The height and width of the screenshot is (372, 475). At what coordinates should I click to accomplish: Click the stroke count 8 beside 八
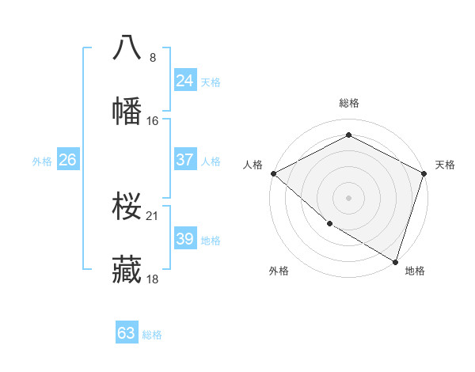point(153,57)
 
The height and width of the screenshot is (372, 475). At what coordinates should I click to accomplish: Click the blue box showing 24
point(184,80)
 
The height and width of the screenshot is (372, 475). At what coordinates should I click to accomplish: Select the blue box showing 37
point(184,160)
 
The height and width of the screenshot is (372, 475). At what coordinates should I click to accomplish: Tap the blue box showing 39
point(184,239)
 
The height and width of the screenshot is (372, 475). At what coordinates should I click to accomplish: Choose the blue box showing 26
point(67,160)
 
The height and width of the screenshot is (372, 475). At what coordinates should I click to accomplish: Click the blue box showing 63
point(127,333)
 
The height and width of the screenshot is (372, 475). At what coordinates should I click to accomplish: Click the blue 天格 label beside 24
point(211,82)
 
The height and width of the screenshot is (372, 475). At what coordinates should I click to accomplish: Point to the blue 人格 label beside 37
point(211,161)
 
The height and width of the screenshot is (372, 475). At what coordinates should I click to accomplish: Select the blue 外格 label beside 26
point(42,161)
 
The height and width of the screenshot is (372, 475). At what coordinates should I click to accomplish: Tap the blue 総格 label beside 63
point(152,335)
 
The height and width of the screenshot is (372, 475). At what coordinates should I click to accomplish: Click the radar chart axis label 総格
point(348,103)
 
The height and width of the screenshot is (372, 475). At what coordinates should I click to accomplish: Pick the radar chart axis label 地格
point(415,271)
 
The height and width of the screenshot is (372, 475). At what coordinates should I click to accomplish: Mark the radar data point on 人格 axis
point(273,173)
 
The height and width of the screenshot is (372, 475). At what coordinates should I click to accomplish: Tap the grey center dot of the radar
point(348,197)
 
